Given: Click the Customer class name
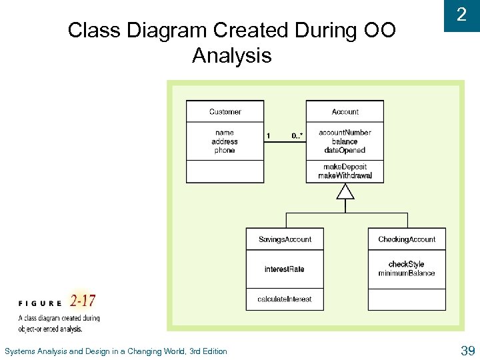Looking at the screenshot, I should [225, 111].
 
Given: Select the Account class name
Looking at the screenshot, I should [345, 111].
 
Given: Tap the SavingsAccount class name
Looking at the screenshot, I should [285, 239].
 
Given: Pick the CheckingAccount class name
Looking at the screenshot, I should [407, 239].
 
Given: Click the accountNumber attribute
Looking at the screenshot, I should [345, 133].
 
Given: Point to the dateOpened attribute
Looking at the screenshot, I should [345, 150].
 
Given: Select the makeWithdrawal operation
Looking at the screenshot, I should [345, 176].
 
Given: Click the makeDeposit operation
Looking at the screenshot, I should [345, 167].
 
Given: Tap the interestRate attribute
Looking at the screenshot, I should [285, 269].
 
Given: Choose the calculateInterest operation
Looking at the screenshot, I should [285, 299].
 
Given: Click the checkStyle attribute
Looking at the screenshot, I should [407, 264].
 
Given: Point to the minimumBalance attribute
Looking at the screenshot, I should [407, 273].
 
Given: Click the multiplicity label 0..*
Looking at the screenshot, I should [297, 136].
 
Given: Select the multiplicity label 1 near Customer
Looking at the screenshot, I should [269, 136].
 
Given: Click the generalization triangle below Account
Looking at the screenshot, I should [345, 192].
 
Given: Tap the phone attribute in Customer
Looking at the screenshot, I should [225, 151].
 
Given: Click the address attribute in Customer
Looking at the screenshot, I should [225, 141].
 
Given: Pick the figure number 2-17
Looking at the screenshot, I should [83, 301].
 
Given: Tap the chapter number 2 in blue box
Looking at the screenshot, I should [461, 15].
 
